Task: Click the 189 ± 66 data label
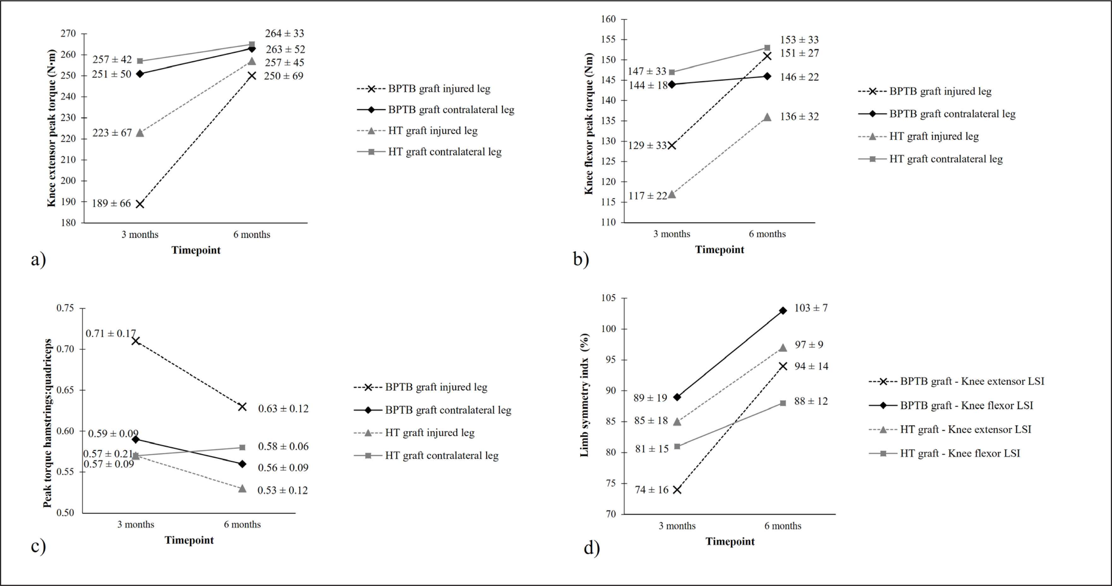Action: click(x=111, y=203)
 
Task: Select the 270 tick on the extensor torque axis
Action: click(x=68, y=34)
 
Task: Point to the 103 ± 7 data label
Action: click(x=811, y=308)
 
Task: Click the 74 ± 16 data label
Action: click(x=651, y=490)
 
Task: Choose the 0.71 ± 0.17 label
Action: click(x=111, y=334)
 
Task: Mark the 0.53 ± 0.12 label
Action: click(x=283, y=490)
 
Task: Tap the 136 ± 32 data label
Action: click(x=799, y=117)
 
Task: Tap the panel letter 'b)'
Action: click(x=581, y=259)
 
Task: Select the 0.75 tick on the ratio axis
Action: click(x=65, y=308)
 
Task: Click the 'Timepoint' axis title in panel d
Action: click(x=730, y=542)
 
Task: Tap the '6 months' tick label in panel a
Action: click(x=252, y=235)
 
